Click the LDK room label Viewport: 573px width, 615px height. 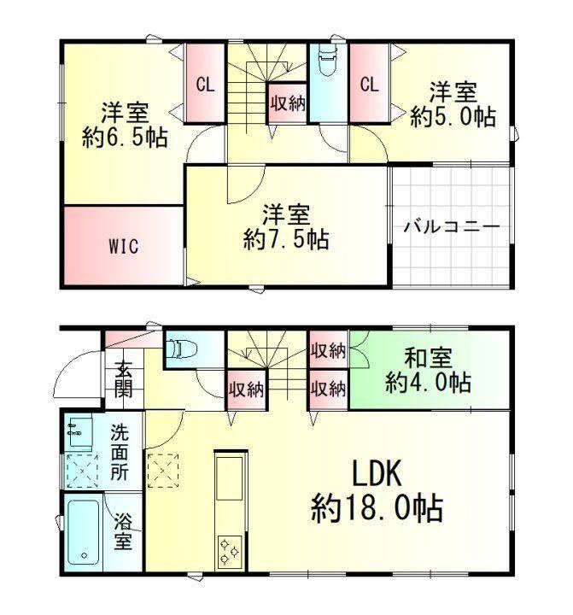tap(377, 474)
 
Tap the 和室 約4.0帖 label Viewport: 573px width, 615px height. tap(429, 370)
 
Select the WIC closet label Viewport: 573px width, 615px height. tap(124, 246)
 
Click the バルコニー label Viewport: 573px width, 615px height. tap(452, 226)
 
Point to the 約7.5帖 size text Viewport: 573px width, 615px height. tap(286, 239)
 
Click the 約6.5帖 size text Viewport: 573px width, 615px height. tap(125, 137)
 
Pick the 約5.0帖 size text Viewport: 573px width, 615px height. tap(453, 116)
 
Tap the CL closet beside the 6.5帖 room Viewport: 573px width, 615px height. tap(206, 84)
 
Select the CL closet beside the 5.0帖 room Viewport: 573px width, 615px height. tap(370, 84)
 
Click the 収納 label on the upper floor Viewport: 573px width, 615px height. tap(288, 103)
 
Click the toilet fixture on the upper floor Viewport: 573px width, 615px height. tap(328, 61)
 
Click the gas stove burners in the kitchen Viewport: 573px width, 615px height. tap(230, 551)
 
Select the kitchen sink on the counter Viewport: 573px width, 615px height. tap(230, 477)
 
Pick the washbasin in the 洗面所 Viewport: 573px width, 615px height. tap(80, 432)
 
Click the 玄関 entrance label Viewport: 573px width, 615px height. tap(124, 379)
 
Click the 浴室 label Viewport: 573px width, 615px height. tap(123, 532)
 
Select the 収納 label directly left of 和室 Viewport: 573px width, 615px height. tap(329, 350)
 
